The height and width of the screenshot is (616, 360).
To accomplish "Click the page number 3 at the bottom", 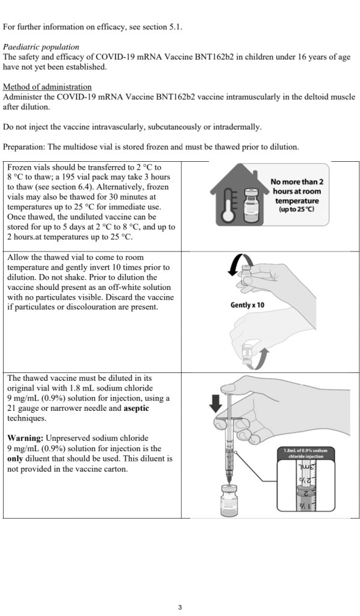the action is [180, 608].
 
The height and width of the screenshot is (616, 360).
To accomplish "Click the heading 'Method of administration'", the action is [47, 87].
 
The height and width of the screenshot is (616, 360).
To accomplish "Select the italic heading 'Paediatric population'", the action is [41, 47].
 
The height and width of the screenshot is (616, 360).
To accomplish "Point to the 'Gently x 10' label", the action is [247, 305].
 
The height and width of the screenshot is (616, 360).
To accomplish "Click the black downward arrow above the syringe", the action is [216, 403].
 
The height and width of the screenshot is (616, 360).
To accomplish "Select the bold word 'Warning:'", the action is [25, 438].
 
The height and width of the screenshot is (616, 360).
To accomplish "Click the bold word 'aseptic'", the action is [137, 408].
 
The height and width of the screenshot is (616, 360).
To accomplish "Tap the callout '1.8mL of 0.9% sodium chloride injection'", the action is [306, 453].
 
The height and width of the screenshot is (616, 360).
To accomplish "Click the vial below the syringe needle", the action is [229, 500].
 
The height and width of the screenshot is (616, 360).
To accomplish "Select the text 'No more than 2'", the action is [297, 182].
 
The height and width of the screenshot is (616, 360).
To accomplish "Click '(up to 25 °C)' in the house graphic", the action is [297, 209].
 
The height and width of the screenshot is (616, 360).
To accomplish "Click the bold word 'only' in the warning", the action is [15, 458].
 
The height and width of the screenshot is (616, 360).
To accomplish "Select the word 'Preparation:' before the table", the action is [24, 147].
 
